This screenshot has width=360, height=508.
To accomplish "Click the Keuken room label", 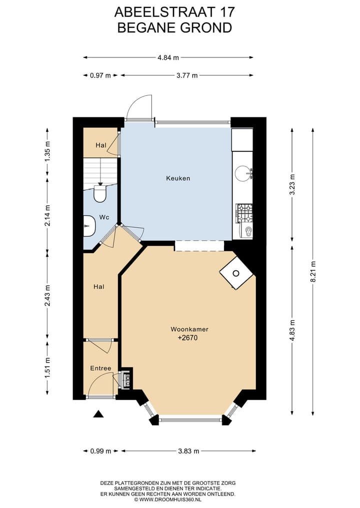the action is pyautogui.click(x=178, y=178).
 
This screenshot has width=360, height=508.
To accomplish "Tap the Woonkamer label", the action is pyautogui.click(x=189, y=329).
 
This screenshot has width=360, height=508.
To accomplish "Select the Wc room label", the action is pyautogui.click(x=104, y=217).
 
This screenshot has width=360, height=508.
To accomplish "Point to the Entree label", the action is pyautogui.click(x=100, y=368).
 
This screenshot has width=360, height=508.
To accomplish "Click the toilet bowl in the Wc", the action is pyautogui.click(x=100, y=193).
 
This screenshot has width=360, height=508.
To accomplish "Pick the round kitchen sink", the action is pyautogui.click(x=243, y=173).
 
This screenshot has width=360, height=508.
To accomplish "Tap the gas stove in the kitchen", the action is pyautogui.click(x=244, y=213).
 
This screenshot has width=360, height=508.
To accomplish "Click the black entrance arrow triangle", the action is pyautogui.click(x=98, y=414).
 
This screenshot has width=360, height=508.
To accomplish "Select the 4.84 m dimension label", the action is pyautogui.click(x=168, y=57).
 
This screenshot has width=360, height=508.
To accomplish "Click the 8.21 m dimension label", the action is pyautogui.click(x=313, y=272).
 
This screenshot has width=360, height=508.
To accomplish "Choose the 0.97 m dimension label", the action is pyautogui.click(x=100, y=75).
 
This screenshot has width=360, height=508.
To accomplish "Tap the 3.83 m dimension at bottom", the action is pyautogui.click(x=188, y=451).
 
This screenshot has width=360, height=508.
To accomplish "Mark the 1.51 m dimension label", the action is pyautogui.click(x=47, y=368).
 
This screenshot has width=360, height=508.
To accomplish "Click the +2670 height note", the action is pyautogui.click(x=188, y=338).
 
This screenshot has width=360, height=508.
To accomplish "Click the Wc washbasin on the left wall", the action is pyautogui.click(x=89, y=226).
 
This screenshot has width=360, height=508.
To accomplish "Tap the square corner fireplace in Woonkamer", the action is pyautogui.click(x=236, y=273).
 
